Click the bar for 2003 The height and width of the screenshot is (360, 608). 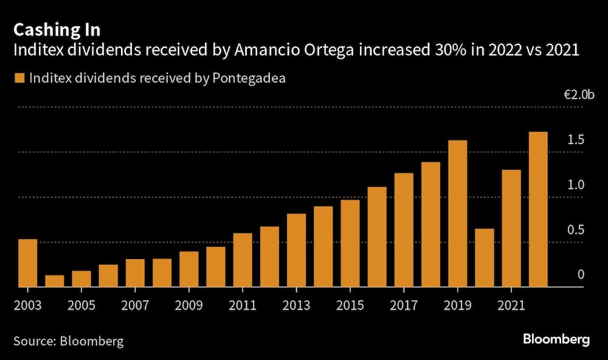click(x=27, y=263)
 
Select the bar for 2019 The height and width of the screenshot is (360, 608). click(x=457, y=213)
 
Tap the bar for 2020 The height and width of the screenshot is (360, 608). click(x=484, y=258)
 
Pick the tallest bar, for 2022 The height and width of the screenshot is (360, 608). click(x=538, y=209)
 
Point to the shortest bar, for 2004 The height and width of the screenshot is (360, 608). click(x=54, y=281)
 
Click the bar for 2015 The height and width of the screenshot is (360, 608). click(x=350, y=243)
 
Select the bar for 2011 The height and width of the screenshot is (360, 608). click(x=243, y=260)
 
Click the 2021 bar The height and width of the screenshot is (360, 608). click(x=511, y=228)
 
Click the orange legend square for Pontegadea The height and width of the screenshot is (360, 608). click(x=19, y=78)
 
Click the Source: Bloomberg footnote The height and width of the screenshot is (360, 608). click(x=68, y=341)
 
